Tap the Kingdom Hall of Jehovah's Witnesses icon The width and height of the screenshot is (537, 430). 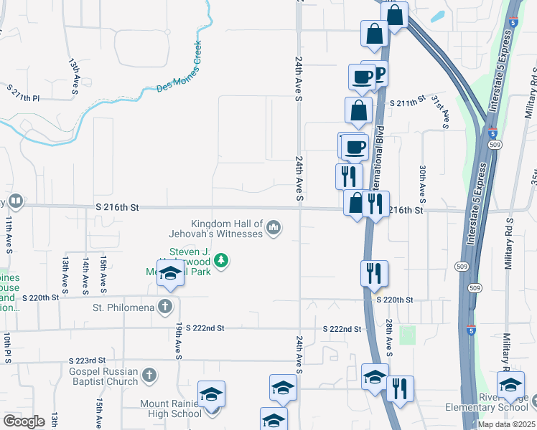point(273,228)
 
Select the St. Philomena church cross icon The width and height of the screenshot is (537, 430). point(165,307)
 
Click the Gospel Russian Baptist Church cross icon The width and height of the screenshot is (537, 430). point(149,375)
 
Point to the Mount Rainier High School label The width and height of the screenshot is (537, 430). point(171,408)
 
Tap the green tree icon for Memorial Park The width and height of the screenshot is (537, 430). point(223,259)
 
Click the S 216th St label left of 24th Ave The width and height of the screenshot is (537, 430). point(116,207)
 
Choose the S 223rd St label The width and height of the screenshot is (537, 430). point(87,360)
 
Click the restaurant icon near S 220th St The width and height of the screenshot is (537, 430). point(374,273)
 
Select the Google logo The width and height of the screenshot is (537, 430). point(24,421)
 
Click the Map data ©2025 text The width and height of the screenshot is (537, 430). point(506,424)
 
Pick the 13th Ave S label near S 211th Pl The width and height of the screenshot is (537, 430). point(74,77)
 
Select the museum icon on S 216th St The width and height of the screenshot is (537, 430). point(15,201)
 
